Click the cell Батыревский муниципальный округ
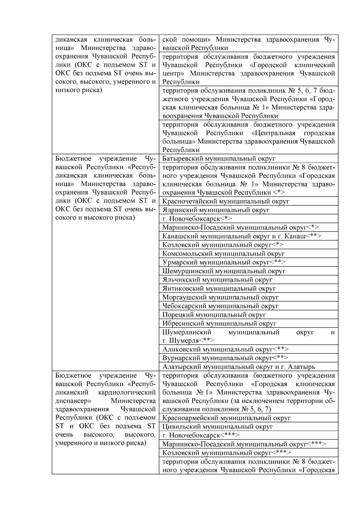219,158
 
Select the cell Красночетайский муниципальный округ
226,201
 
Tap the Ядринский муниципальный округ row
216,210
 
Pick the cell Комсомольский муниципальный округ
224,254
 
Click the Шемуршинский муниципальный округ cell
224,271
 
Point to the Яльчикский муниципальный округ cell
217,280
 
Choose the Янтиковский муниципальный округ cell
219,289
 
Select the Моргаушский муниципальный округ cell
220,297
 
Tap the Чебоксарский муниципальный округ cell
220,306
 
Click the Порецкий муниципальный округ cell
214,315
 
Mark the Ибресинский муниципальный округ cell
219,323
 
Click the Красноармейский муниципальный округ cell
226,418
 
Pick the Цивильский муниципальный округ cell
217,427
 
